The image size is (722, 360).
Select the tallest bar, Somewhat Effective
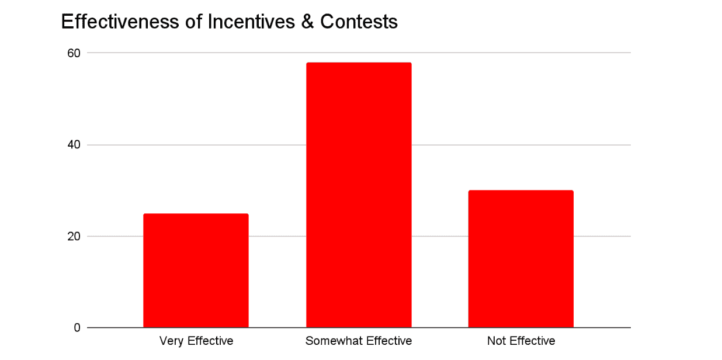(x=359, y=195)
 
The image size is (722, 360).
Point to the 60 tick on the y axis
(x=74, y=53)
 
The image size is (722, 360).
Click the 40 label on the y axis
(x=74, y=145)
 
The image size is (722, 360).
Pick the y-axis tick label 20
(x=74, y=237)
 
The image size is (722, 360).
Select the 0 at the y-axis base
(x=77, y=328)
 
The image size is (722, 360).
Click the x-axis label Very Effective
(x=196, y=341)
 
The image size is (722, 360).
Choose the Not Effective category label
(x=520, y=341)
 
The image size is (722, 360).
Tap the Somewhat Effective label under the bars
(x=359, y=341)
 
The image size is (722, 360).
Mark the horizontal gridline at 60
(x=467, y=53)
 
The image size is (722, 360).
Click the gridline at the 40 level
(x=467, y=145)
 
